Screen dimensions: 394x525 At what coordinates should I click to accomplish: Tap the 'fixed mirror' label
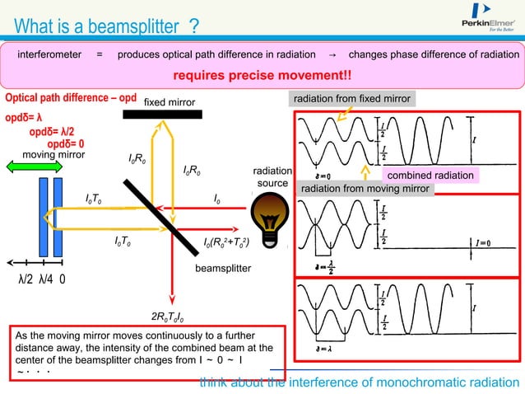pos(170,102)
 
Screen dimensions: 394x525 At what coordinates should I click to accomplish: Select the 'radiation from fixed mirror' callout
pos(352,99)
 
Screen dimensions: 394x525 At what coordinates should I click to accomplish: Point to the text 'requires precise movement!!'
pos(262,76)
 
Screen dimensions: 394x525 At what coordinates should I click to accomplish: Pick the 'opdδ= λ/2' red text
pos(57,130)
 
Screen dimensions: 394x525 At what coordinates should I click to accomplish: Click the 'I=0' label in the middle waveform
pos(483,244)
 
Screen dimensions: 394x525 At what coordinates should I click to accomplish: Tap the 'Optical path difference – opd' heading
pos(71,97)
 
